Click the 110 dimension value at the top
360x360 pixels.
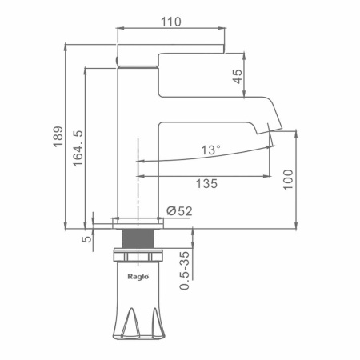(170, 22)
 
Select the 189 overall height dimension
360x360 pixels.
(58, 137)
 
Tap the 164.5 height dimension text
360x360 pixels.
(78, 149)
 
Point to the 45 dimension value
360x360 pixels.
(238, 77)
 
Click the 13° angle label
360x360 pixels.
(210, 150)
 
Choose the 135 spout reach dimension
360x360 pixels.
(206, 183)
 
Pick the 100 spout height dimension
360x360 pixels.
(288, 180)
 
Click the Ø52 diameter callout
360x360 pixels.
(179, 211)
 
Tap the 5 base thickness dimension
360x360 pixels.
(86, 239)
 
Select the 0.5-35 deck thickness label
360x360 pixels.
(185, 270)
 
